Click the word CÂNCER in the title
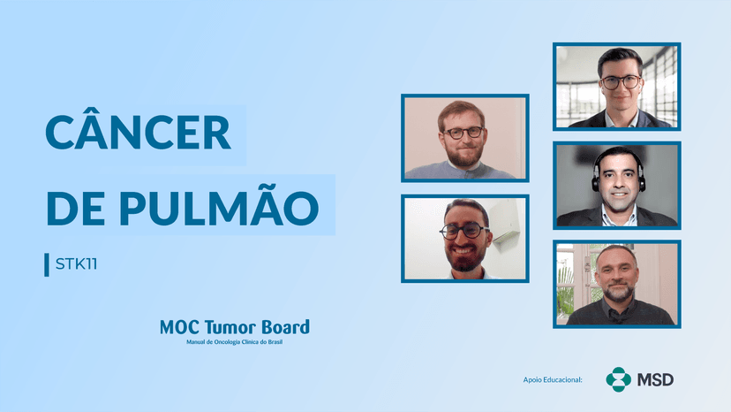click(138, 133)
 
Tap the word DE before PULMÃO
click(75, 207)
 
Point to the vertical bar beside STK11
click(47, 264)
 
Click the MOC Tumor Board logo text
click(234, 327)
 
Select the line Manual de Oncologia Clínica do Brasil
click(234, 342)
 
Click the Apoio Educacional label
click(553, 380)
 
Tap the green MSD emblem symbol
click(618, 379)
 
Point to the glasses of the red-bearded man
click(463, 133)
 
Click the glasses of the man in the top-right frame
click(621, 82)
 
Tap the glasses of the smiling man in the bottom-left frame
click(464, 231)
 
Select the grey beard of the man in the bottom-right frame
click(617, 292)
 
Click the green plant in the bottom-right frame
click(566, 283)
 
